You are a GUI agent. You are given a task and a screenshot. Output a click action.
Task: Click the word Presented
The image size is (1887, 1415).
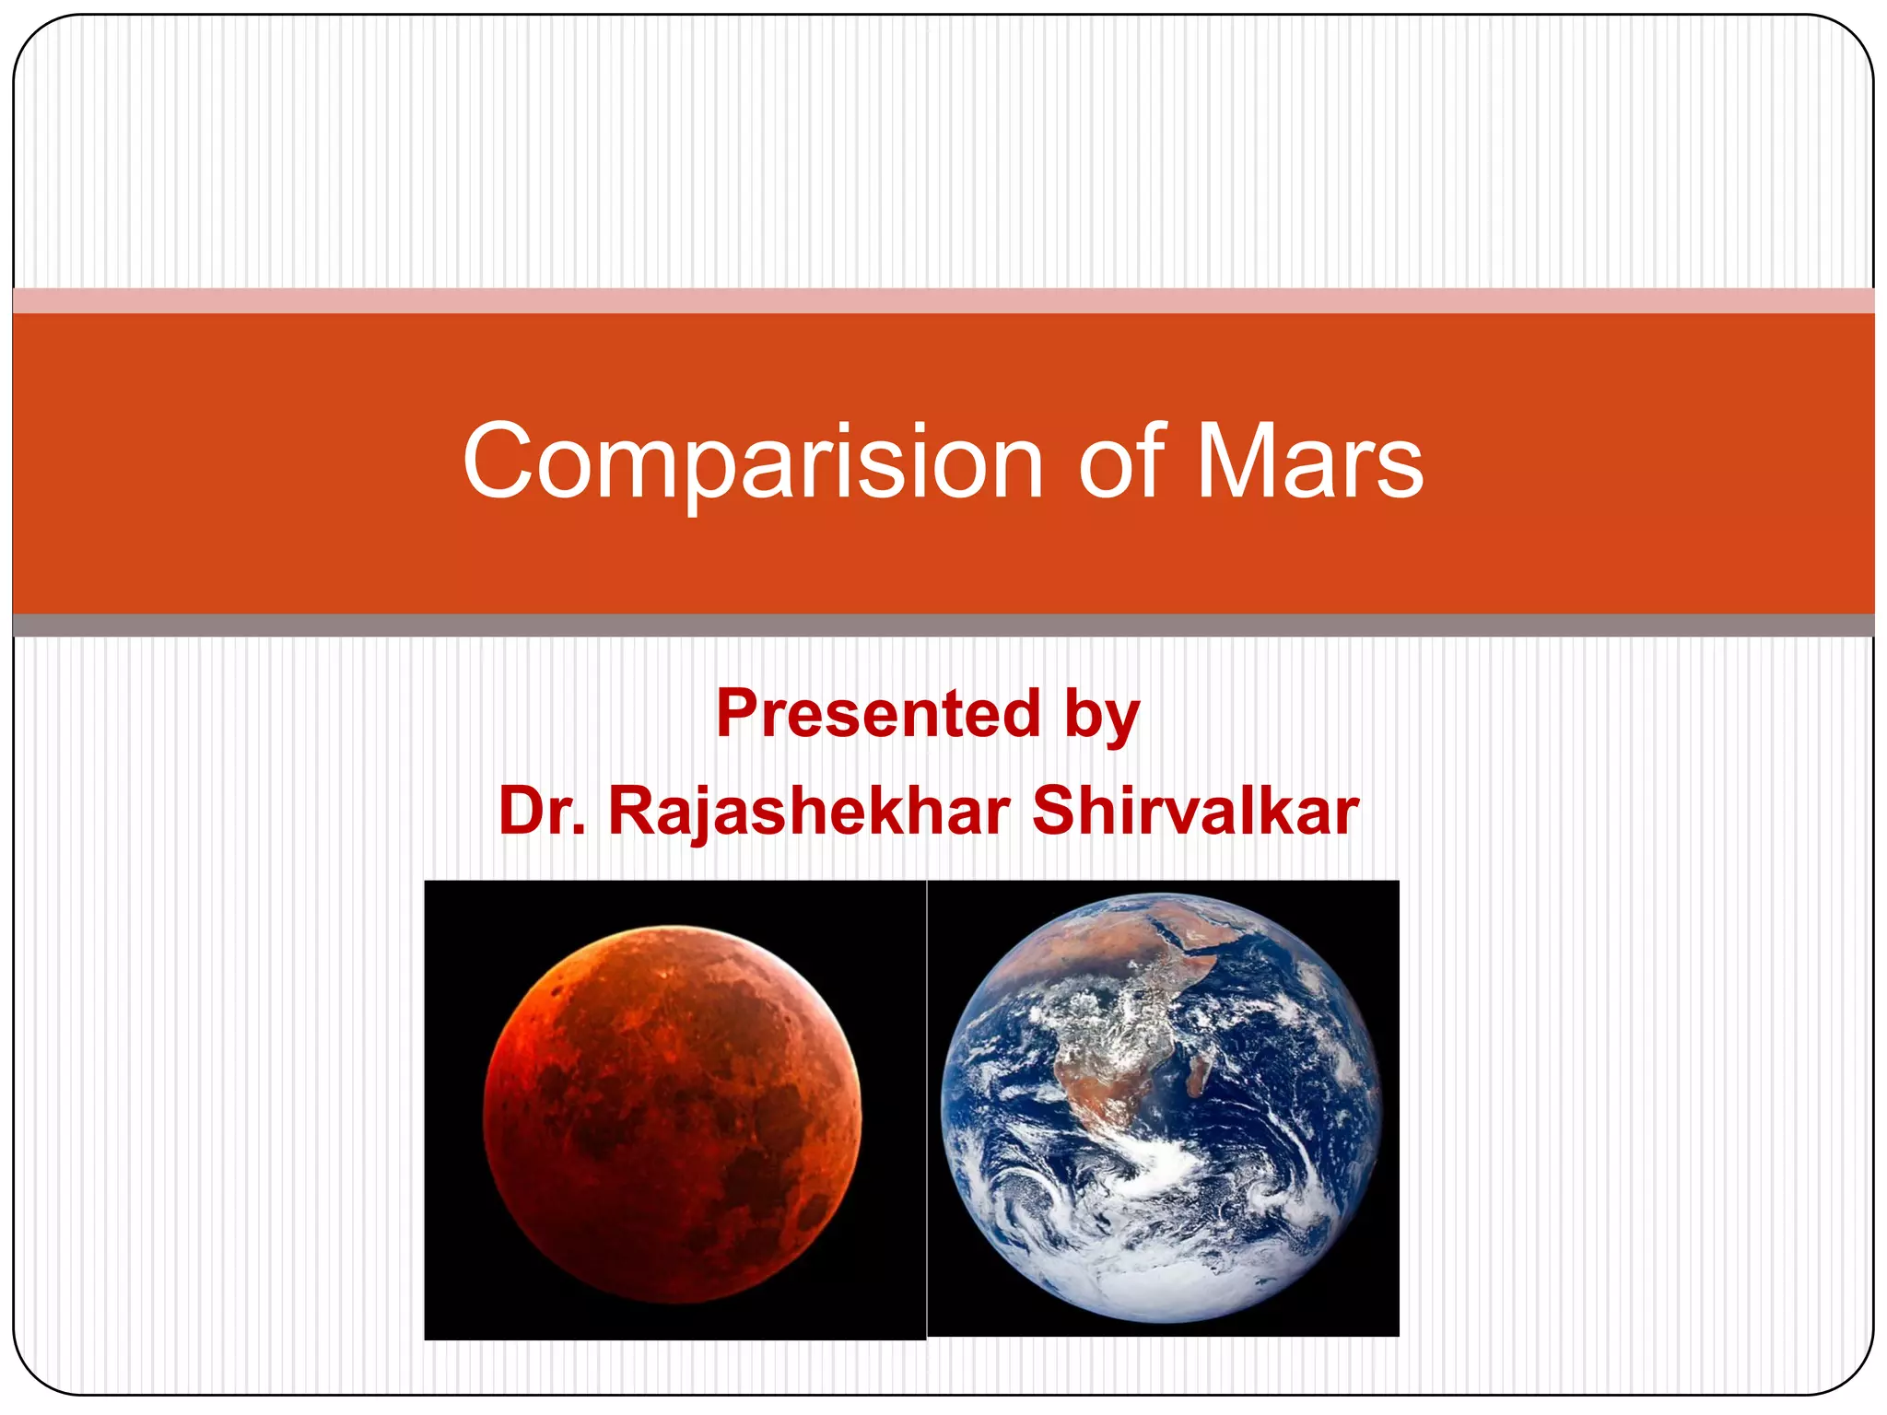[879, 714]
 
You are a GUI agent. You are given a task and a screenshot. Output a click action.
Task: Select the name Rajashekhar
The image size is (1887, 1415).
[809, 812]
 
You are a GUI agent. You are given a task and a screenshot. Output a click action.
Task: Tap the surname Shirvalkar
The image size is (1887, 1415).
[1195, 812]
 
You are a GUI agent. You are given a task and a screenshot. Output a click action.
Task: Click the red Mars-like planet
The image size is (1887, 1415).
[673, 1115]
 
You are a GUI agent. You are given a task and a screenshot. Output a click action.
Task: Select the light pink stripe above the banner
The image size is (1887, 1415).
[943, 300]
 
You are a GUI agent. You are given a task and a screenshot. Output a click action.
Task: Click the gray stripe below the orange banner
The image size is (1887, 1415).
[943, 626]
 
